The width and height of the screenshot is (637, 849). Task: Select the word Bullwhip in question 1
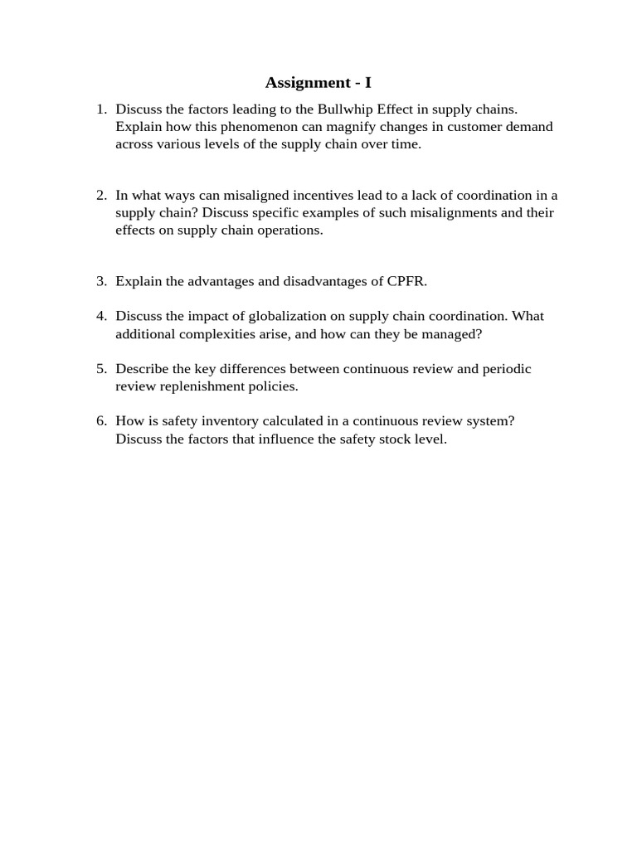click(343, 109)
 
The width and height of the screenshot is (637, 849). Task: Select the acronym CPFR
click(406, 281)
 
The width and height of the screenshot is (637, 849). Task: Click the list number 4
click(101, 316)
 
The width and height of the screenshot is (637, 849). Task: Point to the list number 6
click(101, 420)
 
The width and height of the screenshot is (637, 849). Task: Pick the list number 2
click(101, 195)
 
